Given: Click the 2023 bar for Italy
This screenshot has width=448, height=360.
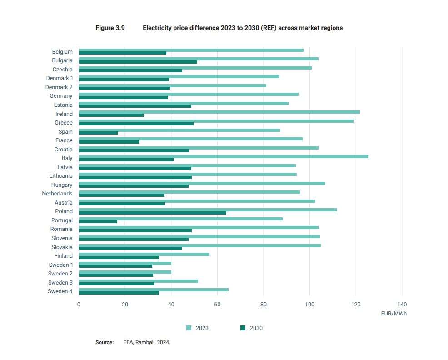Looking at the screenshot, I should [224, 156].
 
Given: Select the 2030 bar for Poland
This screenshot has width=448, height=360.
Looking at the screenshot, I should [152, 213].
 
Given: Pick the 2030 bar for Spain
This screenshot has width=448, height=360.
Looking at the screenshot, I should [98, 133].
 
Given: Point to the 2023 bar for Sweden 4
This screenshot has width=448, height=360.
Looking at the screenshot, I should [154, 290].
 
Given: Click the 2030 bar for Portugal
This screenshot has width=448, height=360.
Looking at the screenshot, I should [98, 221].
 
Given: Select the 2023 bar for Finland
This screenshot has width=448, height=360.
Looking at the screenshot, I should [144, 254].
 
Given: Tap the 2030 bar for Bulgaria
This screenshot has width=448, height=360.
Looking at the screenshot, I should [138, 62].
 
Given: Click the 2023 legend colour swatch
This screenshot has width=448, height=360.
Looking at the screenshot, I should [189, 328].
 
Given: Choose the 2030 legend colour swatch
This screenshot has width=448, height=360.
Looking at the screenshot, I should [243, 328].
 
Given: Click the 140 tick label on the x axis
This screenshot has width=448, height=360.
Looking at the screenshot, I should [402, 305].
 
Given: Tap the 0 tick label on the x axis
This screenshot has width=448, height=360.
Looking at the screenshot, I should [79, 305].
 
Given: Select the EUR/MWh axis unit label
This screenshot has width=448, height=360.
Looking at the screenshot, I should [394, 314].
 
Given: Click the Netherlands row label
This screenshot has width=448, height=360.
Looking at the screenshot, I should [57, 194].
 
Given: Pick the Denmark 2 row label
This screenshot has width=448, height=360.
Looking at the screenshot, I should [59, 87].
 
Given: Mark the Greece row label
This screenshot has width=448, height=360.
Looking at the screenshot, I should [64, 123].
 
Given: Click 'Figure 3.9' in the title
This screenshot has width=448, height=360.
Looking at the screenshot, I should [110, 28].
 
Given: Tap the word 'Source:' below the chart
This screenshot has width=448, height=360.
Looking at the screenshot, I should [105, 342].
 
